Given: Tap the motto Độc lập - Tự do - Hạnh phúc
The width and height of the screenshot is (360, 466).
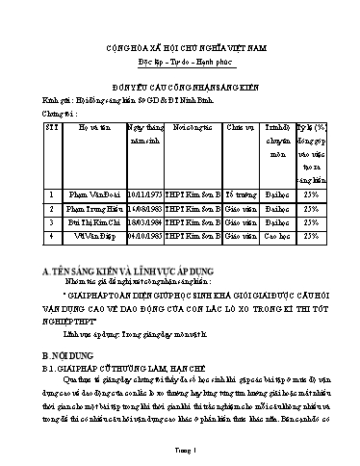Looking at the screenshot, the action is click(179, 71).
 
